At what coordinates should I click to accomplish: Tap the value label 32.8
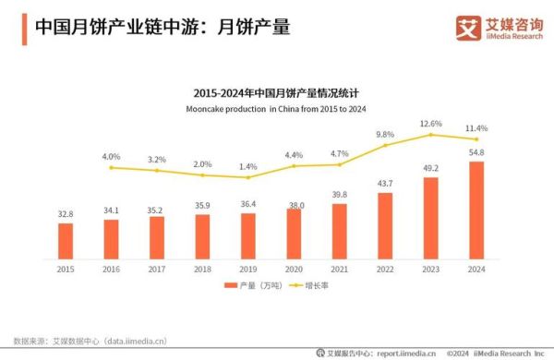66,214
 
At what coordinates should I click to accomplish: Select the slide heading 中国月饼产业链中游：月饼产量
163,28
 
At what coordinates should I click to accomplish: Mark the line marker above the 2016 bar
111,167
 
